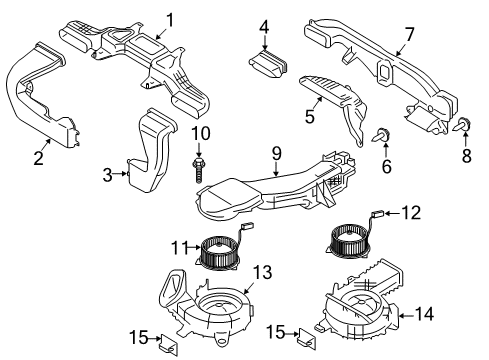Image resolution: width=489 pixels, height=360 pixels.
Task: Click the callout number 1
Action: coord(169,18)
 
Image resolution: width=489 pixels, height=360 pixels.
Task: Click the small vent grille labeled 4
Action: coord(267,64)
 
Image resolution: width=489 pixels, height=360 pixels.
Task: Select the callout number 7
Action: coord(408,36)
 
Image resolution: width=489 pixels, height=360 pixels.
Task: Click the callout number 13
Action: coord(262,272)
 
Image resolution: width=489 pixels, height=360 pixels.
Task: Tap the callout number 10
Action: coord(199,133)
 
